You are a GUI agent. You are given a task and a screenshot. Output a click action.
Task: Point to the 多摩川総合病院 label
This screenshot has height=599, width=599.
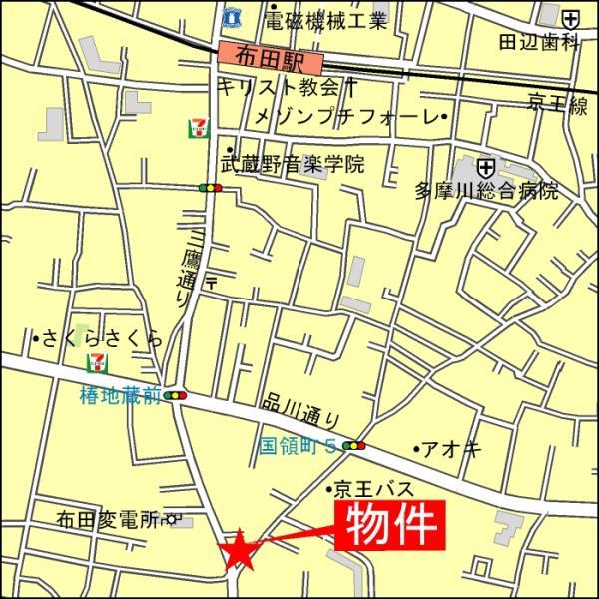point(486,190)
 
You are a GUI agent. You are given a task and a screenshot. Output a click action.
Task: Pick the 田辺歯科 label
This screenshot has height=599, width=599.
point(540,41)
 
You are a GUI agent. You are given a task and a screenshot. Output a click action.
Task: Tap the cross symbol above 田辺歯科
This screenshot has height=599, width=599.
point(569,18)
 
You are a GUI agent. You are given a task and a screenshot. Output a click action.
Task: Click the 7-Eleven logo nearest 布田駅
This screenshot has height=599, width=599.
point(199,127)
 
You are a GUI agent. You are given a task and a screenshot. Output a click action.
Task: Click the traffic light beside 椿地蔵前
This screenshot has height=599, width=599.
point(177,396)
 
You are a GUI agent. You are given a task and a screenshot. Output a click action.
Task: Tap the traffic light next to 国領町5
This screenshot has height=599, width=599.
point(353,445)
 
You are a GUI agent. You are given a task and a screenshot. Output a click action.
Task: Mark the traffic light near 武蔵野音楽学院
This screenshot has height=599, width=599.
point(210,187)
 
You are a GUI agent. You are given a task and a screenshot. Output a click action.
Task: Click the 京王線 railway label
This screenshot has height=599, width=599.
point(558,102)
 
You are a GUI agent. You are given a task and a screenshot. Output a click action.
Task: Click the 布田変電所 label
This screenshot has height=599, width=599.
point(109,519)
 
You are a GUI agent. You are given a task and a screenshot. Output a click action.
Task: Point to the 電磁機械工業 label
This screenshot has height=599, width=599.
point(325,18)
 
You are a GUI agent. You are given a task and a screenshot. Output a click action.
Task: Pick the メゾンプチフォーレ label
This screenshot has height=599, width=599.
point(347,118)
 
